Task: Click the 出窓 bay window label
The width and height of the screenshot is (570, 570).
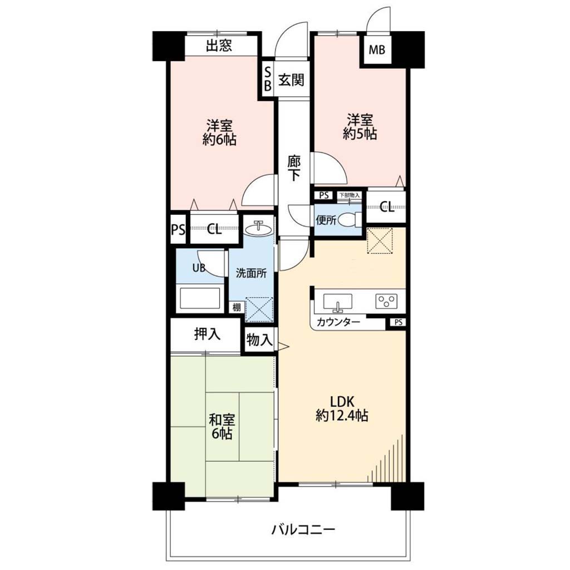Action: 219,46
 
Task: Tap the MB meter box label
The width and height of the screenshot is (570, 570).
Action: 377,50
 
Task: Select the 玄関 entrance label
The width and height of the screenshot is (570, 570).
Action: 291,80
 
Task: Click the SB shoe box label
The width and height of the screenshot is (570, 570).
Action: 268,79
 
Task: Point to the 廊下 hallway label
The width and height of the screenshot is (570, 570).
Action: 294,168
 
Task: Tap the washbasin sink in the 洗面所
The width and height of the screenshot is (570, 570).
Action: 258,229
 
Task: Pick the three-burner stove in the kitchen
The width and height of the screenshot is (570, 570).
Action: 386,301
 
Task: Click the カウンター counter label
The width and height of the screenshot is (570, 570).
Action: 338,322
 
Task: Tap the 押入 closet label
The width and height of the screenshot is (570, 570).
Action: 207,334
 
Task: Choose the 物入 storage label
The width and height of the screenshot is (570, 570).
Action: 259,340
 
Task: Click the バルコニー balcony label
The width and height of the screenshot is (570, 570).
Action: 303,530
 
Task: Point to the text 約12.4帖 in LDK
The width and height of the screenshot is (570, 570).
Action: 342,415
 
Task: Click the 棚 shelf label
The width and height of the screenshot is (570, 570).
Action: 236,307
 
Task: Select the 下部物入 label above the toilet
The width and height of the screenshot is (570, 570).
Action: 350,195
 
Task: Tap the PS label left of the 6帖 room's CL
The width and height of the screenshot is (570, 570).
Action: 178,230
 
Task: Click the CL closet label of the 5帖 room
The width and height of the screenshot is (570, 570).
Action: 387,207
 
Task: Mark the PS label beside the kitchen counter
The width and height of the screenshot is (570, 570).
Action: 399,322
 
